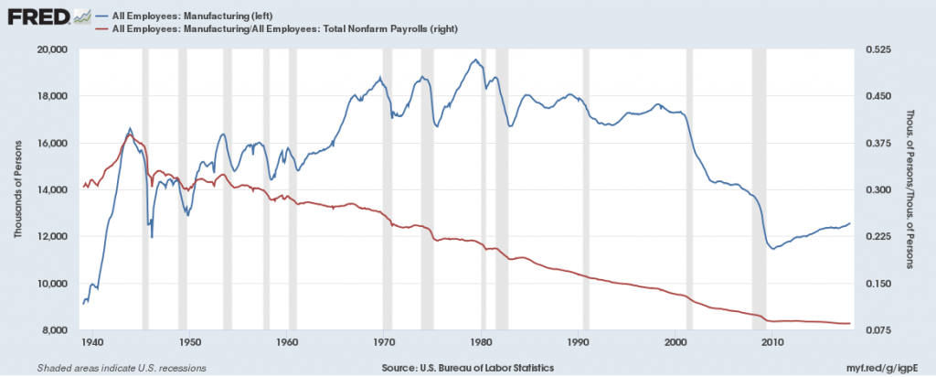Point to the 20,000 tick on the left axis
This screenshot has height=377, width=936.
tap(54, 49)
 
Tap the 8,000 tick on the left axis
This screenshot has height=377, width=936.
tap(57, 330)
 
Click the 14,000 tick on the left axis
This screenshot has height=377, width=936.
tap(54, 190)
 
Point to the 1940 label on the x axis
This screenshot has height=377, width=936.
tap(90, 343)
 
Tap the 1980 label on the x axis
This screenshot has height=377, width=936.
tap(481, 343)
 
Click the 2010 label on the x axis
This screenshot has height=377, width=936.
tap(773, 343)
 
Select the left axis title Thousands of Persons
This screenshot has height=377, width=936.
tap(17, 189)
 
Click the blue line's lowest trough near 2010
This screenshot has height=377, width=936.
tap(773, 248)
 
